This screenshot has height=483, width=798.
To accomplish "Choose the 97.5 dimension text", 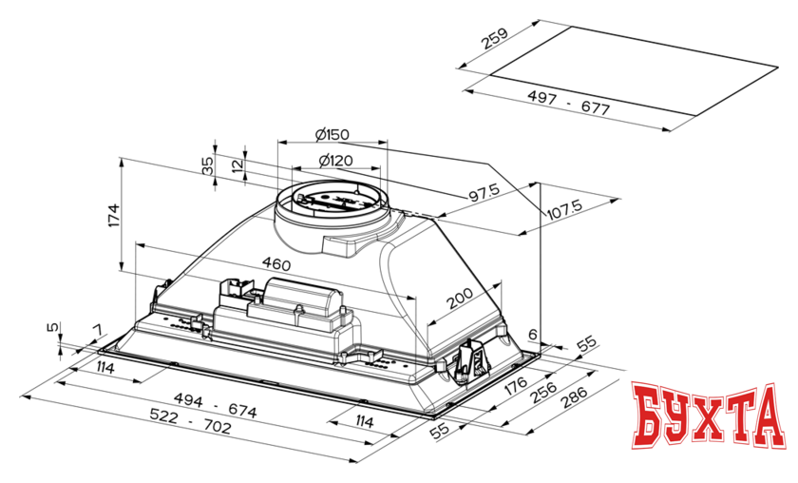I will point(485,193).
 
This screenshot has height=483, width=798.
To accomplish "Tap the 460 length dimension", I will point(276,263).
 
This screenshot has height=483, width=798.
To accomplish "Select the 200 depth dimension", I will point(458,299).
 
